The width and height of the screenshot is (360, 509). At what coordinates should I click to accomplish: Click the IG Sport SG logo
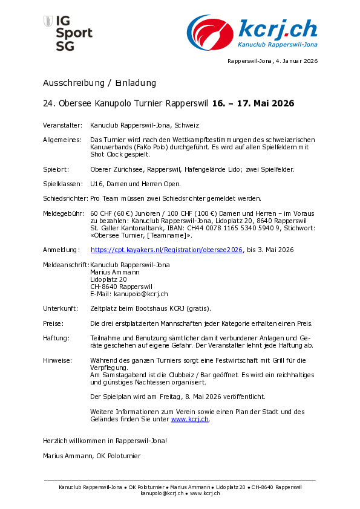coord(68,33)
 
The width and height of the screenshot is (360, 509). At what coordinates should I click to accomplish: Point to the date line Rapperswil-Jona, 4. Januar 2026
coord(272,61)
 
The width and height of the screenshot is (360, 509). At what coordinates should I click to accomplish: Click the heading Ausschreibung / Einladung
coord(99,83)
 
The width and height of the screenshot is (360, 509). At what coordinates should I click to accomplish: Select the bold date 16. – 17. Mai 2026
coord(253,103)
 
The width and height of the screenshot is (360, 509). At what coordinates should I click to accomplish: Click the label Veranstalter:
coord(62,126)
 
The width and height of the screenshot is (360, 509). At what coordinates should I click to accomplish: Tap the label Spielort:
coord(56,169)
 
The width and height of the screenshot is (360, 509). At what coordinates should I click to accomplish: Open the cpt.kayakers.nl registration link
coord(166,250)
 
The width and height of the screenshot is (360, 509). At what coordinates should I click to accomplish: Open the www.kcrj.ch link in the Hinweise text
coord(190,419)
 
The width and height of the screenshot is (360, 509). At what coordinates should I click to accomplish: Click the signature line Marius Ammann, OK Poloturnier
coord(92,455)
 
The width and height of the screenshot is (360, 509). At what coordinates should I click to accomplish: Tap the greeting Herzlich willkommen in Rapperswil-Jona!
coord(105,441)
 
